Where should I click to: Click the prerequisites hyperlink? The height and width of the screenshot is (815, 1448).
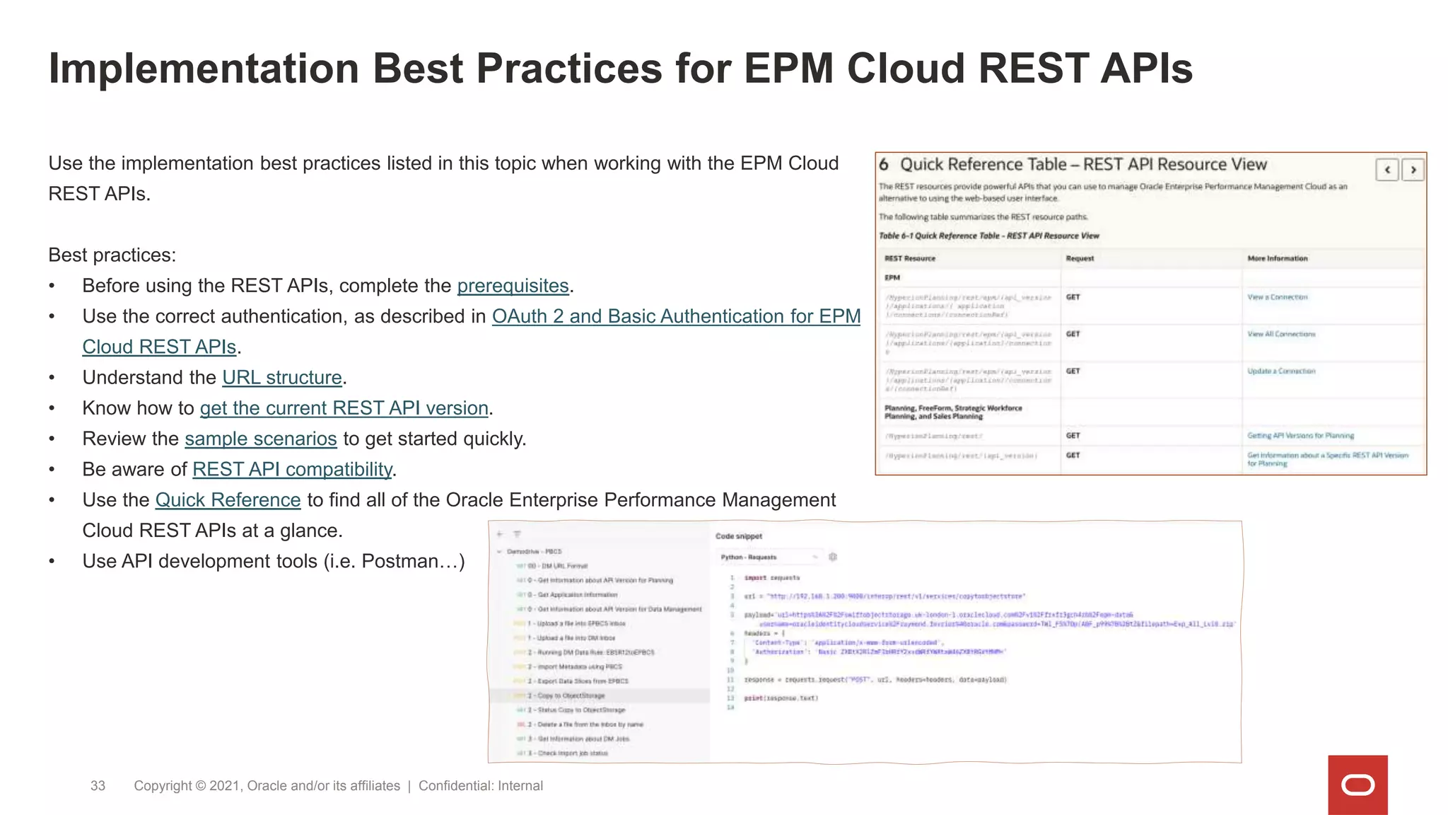(x=513, y=286)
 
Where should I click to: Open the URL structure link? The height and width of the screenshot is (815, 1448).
(x=281, y=378)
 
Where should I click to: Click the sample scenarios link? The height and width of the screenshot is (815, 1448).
(x=260, y=439)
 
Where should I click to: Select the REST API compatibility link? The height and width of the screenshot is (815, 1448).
(x=292, y=470)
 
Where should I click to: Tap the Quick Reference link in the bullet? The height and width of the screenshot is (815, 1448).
(x=228, y=500)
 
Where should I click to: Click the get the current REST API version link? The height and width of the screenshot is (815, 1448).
(x=344, y=408)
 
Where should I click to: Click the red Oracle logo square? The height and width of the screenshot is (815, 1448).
(x=1357, y=785)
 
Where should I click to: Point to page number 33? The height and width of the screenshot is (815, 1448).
(x=98, y=786)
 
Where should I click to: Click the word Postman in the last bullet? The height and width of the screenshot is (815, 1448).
(x=399, y=562)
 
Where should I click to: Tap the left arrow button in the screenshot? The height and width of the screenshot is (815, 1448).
(x=1387, y=170)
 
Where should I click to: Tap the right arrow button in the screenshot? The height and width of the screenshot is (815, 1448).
(x=1413, y=170)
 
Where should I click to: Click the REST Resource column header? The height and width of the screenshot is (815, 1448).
(x=910, y=259)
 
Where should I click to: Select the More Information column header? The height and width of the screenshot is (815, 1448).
(x=1277, y=259)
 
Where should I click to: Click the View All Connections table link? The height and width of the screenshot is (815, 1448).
(x=1281, y=334)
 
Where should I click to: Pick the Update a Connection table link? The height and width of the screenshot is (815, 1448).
(x=1281, y=371)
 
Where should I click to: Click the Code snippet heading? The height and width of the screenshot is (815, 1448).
(x=739, y=536)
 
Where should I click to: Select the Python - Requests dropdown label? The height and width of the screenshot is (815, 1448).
(x=749, y=557)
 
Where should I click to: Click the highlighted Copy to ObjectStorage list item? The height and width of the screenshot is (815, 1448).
(x=571, y=695)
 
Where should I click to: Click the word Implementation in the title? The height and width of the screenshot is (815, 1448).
(x=204, y=69)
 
